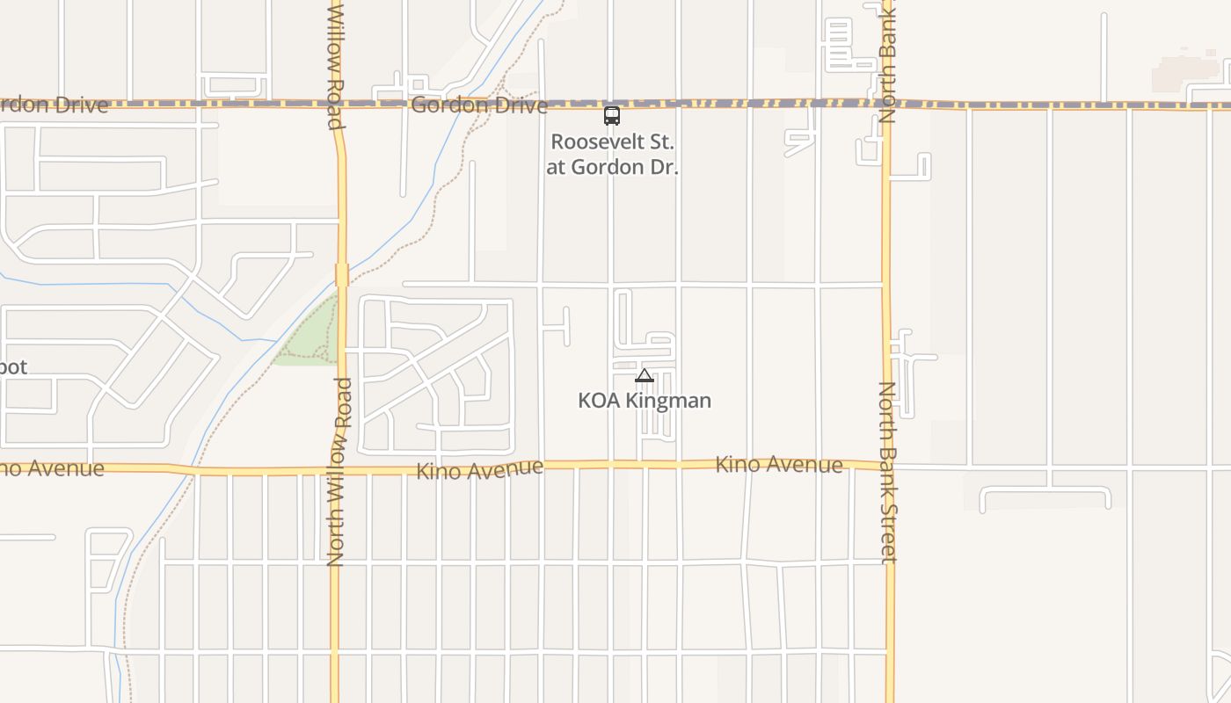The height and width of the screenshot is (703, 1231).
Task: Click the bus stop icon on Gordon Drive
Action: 611,115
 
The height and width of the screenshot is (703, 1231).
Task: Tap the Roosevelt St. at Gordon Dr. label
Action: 612,154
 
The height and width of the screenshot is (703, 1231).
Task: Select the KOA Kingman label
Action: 645,401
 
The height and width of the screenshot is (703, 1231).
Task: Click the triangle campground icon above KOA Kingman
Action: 645,376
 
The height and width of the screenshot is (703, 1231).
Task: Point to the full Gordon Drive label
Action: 479,105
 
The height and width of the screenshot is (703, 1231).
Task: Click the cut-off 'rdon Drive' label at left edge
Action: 55,105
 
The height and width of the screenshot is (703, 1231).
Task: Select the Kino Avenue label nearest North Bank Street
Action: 779,464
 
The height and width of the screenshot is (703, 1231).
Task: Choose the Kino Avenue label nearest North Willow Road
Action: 479,469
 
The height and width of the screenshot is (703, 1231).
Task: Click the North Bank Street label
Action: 888,472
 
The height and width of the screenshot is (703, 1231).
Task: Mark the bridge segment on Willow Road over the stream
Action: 342,274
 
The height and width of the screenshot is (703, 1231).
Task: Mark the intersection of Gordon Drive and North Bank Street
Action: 886,104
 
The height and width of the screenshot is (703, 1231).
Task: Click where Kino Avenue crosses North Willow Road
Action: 337,470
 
